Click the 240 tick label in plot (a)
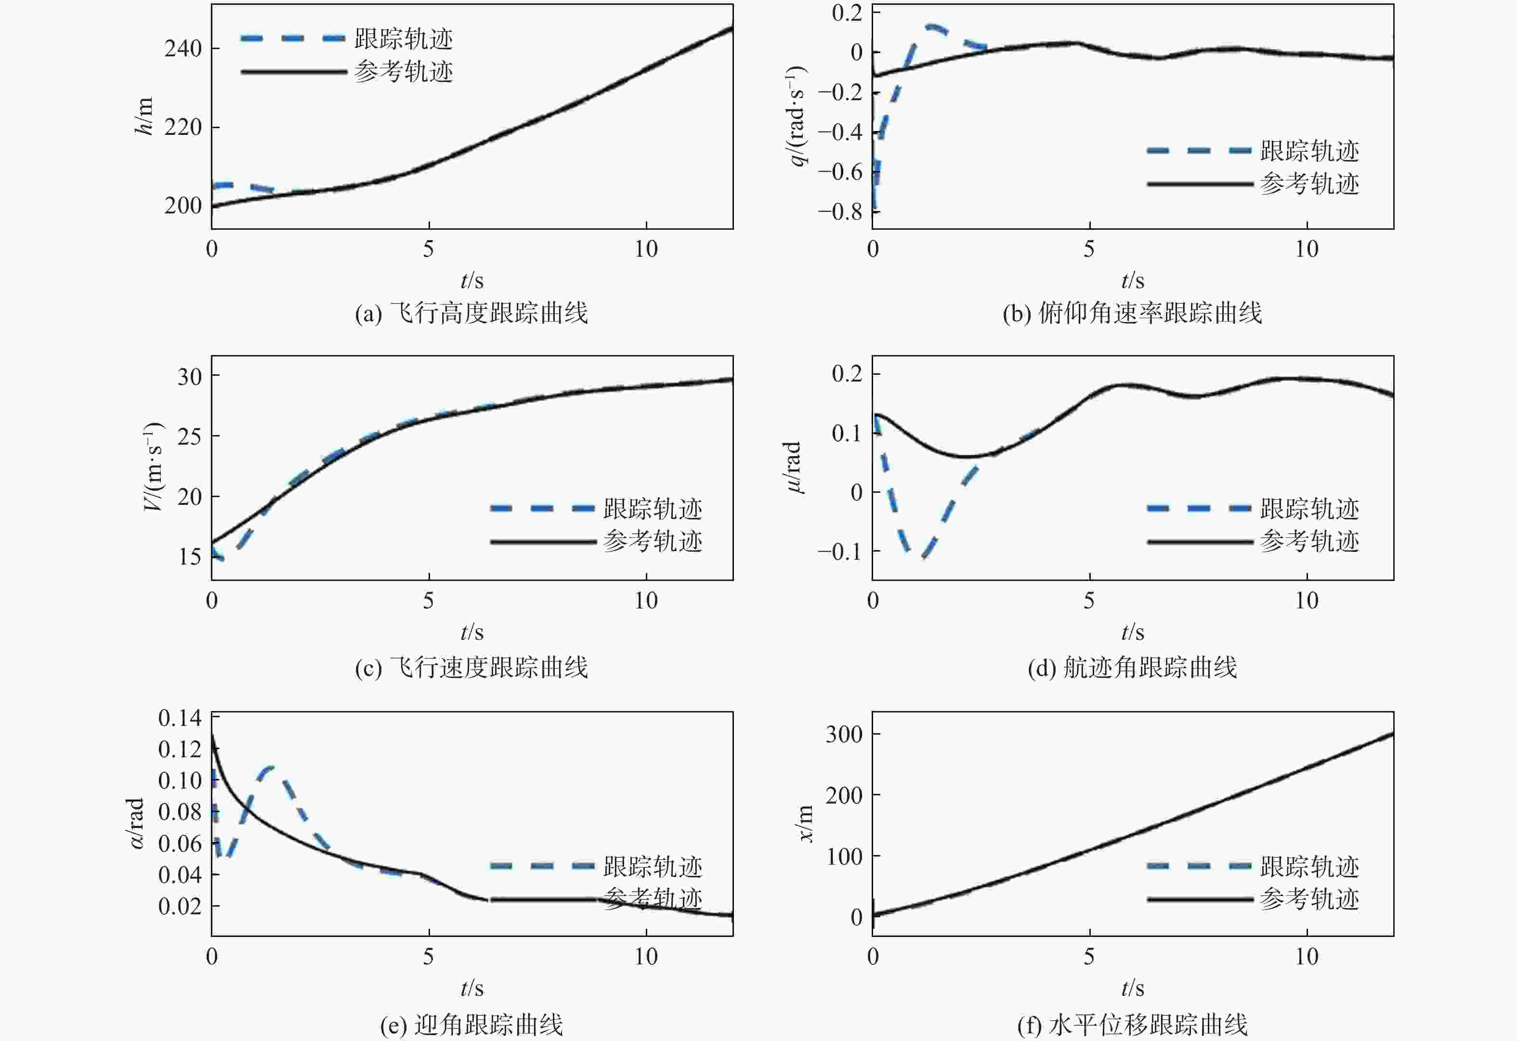[x=183, y=48]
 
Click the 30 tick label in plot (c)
[x=189, y=376]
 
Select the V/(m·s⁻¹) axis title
[x=154, y=467]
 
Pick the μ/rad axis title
[x=793, y=468]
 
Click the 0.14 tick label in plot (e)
[x=180, y=718]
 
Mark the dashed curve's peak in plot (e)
[x=270, y=767]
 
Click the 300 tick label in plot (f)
[x=845, y=734]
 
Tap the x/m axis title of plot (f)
[x=806, y=824]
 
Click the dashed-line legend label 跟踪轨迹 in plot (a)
[x=404, y=39]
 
